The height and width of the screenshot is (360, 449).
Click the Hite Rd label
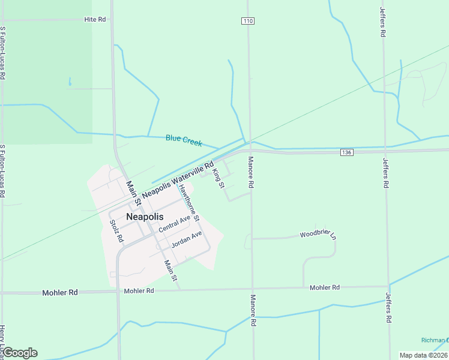[x=95, y=20]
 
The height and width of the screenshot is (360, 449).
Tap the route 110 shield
[x=249, y=21]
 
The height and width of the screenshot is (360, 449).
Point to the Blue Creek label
[x=184, y=140]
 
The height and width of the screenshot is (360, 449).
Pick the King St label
[x=218, y=179]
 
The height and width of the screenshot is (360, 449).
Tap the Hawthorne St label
[x=188, y=202]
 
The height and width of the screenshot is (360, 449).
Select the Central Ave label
[x=175, y=224]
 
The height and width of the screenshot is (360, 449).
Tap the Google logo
[x=19, y=353]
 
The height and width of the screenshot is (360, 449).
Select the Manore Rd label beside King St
[x=252, y=172]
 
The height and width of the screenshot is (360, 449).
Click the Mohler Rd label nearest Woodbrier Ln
[x=325, y=288]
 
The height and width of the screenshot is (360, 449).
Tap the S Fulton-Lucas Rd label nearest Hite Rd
[x=4, y=53]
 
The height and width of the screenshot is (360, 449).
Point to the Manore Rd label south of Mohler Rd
[x=253, y=310]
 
